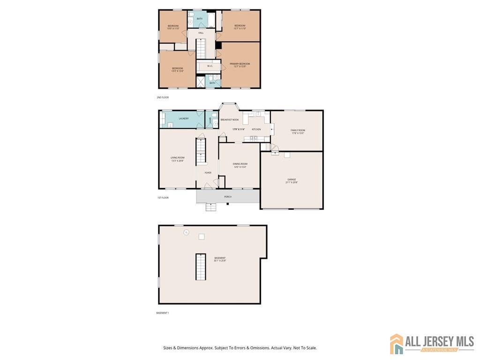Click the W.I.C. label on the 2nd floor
click(210, 66)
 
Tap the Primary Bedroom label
click(240, 64)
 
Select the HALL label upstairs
click(201, 33)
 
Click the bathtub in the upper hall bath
click(210, 20)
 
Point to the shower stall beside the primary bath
click(201, 82)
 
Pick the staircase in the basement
click(201, 267)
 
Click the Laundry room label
click(183, 119)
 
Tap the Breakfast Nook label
click(230, 120)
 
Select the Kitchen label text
click(256, 129)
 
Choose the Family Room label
click(298, 130)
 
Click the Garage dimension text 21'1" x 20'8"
click(292, 182)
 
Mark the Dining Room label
click(240, 164)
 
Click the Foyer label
click(208, 172)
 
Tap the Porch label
click(228, 196)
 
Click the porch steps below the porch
click(211, 207)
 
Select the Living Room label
click(177, 157)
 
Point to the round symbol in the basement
click(186, 232)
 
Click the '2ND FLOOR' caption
click(163, 97)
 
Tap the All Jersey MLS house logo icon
click(397, 344)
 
